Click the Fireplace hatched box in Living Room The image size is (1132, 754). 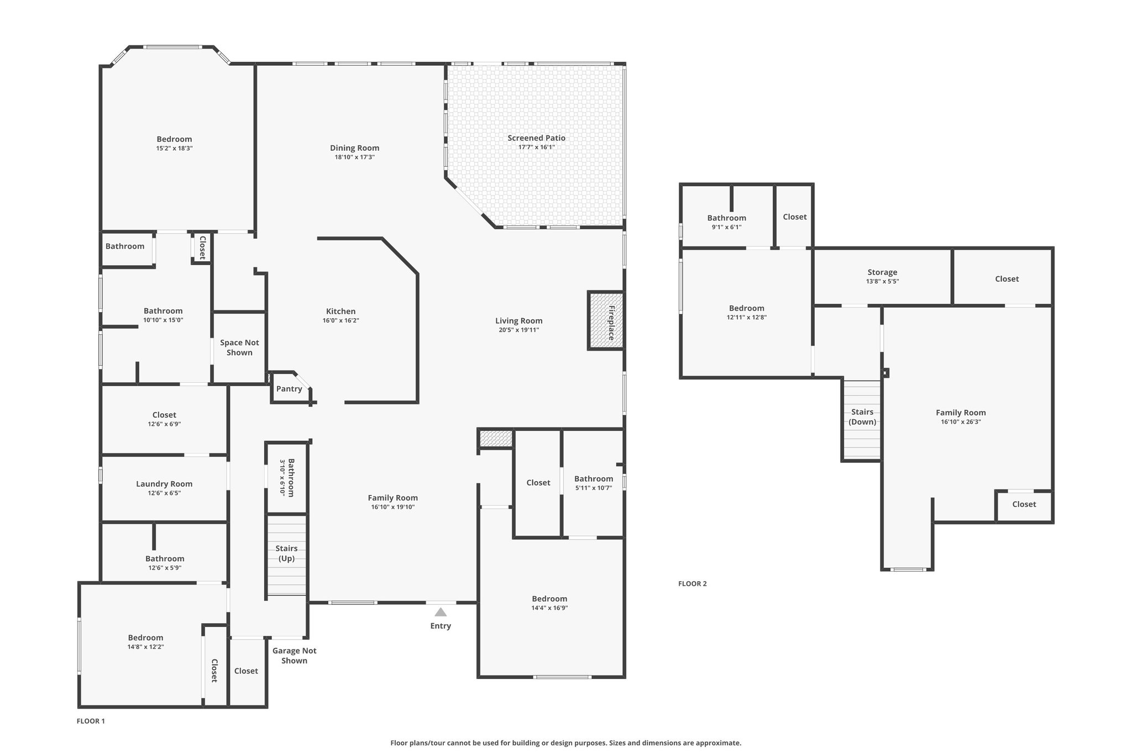tap(606, 320)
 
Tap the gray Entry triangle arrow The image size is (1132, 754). tap(441, 612)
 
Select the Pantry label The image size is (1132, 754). tap(289, 389)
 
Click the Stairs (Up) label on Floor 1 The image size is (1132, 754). tap(286, 553)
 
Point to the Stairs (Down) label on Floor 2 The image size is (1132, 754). tap(862, 417)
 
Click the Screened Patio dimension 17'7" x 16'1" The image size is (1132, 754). tap(536, 147)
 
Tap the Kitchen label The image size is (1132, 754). tap(341, 312)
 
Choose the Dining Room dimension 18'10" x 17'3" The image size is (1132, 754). tap(355, 157)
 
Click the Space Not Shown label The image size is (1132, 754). tap(239, 347)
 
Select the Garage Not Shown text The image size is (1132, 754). tap(294, 656)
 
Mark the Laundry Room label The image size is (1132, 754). tap(164, 484)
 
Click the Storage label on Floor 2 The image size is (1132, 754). tap(882, 272)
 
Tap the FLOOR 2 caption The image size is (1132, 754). tap(693, 584)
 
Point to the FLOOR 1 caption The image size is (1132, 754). tap(91, 721)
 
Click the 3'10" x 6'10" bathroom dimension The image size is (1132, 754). tap(282, 477)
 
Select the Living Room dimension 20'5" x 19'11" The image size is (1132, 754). tap(518, 330)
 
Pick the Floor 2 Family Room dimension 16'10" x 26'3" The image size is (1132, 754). tap(961, 422)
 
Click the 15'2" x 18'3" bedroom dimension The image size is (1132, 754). tap(174, 149)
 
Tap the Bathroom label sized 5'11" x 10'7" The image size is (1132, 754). tap(594, 479)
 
